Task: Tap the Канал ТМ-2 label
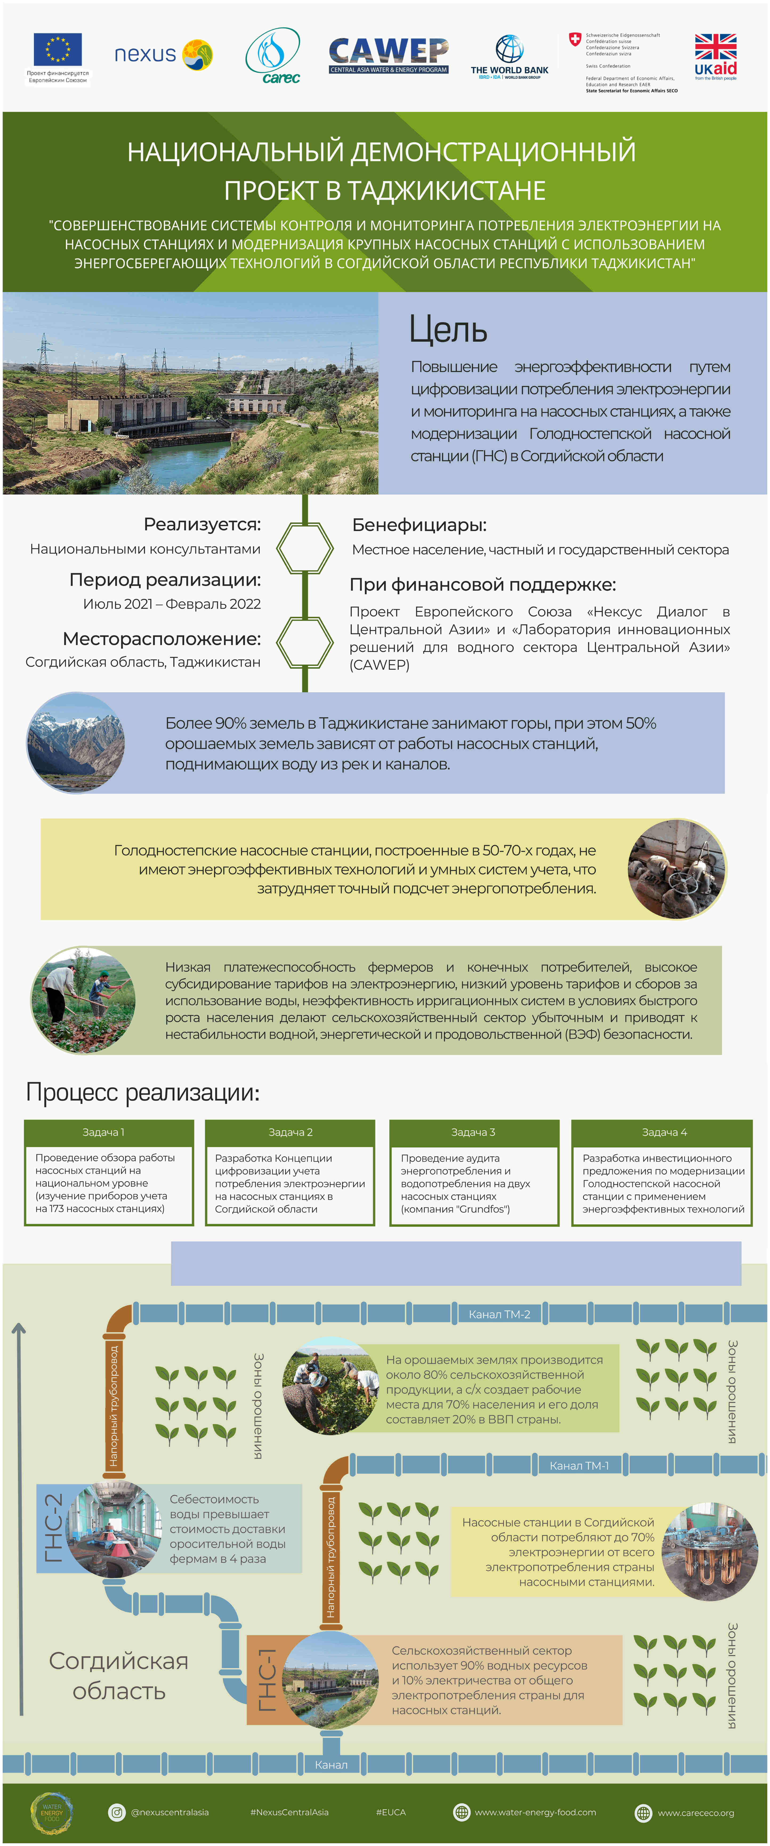pos(499,1314)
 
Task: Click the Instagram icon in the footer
pos(116,1812)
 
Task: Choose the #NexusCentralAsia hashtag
pos(289,1812)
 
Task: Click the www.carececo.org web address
pos(696,1813)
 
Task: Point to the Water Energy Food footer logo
pos(51,1813)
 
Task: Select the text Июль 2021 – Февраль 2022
pos(172,604)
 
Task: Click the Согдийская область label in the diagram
pos(119,1676)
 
